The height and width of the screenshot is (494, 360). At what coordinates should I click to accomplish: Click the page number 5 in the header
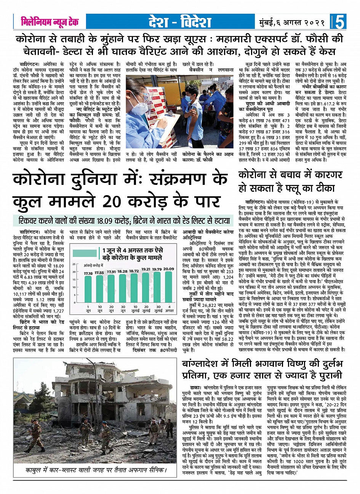point(340,22)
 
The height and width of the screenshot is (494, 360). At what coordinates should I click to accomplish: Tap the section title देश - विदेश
point(179,22)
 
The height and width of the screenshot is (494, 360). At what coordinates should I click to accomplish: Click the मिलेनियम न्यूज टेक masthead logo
point(50,22)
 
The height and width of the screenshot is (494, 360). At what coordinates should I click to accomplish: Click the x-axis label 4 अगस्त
point(169,309)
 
